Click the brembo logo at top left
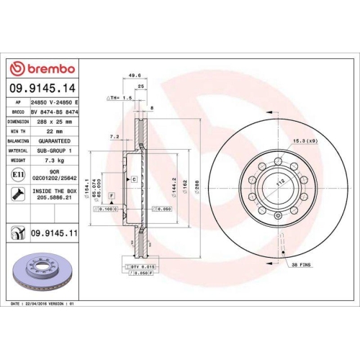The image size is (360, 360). click(x=44, y=68)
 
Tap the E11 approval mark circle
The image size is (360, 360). click(x=17, y=174)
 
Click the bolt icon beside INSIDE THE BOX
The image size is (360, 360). click(x=17, y=193)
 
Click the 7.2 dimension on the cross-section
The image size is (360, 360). click(x=113, y=135)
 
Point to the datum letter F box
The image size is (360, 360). click(x=111, y=196)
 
